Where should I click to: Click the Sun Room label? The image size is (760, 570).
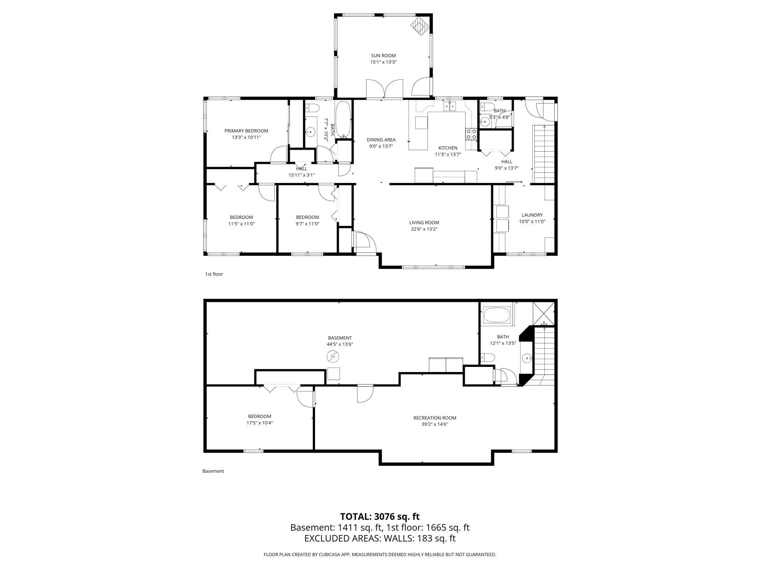click(383, 56)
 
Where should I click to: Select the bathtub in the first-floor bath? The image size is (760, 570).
click(343, 119)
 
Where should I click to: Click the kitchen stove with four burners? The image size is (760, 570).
click(471, 134)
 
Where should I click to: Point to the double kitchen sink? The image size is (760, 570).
click(450, 106)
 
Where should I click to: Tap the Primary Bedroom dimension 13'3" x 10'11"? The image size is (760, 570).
click(246, 137)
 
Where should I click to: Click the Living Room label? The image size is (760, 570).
click(424, 223)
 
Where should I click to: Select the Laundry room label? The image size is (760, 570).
click(532, 215)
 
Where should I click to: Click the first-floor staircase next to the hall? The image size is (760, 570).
click(544, 153)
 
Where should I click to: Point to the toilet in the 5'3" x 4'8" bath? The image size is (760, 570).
click(488, 107)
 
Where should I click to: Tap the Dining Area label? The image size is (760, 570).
click(381, 140)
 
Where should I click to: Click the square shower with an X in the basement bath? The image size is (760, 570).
click(543, 313)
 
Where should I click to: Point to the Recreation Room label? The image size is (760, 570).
click(435, 418)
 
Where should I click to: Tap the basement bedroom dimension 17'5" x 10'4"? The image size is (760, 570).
click(259, 423)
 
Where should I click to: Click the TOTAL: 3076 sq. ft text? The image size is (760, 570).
click(380, 516)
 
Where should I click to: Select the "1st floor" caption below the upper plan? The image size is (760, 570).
click(214, 274)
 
